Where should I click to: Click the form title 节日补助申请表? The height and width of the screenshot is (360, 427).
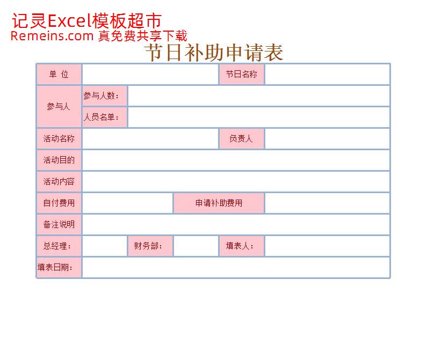[x=214, y=53]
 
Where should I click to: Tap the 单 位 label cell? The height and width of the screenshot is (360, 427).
[x=59, y=74]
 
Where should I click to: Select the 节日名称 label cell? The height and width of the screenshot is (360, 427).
[x=242, y=74]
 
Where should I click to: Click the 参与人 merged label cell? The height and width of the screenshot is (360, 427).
[x=59, y=106]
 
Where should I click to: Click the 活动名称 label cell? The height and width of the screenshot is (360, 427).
[x=59, y=139]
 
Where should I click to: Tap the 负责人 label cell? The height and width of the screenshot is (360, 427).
[x=242, y=139]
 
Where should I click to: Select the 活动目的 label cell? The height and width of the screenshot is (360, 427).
[x=59, y=160]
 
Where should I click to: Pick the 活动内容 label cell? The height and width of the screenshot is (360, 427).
[x=59, y=181]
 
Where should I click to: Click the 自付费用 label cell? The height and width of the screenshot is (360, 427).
[x=59, y=203]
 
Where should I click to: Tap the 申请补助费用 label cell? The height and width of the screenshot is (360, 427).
[x=219, y=203]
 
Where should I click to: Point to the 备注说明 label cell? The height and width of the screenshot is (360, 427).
[x=59, y=224]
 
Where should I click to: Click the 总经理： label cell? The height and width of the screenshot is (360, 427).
[x=59, y=246]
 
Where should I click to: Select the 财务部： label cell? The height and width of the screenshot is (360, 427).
[x=150, y=246]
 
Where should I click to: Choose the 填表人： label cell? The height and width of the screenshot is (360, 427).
[x=242, y=246]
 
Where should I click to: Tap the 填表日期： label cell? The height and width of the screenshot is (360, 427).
[x=59, y=268]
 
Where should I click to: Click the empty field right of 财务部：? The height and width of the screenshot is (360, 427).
[x=196, y=246]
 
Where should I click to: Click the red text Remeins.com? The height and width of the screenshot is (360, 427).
[x=52, y=36]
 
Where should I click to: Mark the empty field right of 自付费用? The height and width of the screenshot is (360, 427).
[x=127, y=203]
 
